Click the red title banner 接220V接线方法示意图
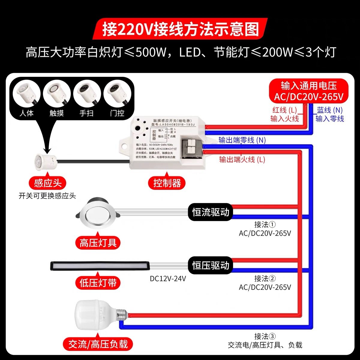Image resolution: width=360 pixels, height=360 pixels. (180, 29)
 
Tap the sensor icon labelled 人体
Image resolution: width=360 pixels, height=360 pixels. (26, 93)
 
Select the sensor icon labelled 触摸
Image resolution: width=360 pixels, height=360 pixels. (57, 93)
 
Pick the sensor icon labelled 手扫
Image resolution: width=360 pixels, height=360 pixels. (87, 93)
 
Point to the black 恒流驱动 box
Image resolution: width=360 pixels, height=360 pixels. (211, 212)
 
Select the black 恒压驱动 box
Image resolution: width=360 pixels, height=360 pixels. (211, 265)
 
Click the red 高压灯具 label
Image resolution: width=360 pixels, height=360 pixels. (98, 242)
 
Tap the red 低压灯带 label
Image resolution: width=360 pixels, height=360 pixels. (98, 283)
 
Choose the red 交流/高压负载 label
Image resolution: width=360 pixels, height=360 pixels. (98, 344)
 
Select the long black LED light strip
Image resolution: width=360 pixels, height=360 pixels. (99, 265)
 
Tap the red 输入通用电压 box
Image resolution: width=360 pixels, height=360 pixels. (309, 91)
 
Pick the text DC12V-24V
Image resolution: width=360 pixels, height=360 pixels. (168, 279)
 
